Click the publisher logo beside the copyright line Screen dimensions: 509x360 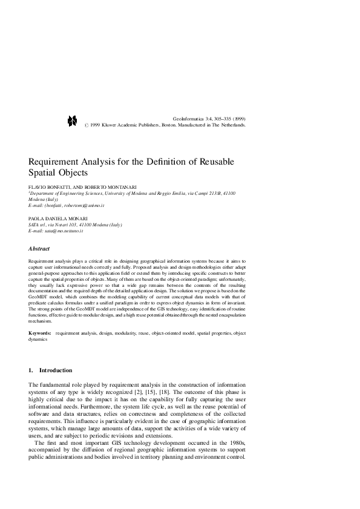pyautogui.click(x=71, y=120)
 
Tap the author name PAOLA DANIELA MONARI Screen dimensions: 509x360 pyautogui.click(x=58, y=218)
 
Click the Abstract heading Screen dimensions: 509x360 pyautogui.click(x=39, y=249)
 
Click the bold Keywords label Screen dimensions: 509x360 pyautogui.click(x=40, y=333)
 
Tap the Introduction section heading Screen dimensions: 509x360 pyautogui.click(x=55, y=370)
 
